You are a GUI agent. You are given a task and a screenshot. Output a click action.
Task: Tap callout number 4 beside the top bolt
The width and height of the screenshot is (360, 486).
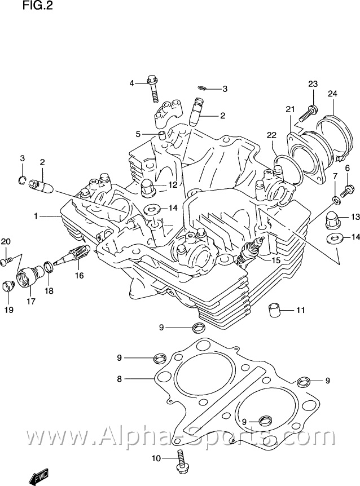[x=132, y=83]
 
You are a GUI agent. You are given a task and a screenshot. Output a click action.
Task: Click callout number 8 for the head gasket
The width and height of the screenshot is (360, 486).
[x=119, y=379]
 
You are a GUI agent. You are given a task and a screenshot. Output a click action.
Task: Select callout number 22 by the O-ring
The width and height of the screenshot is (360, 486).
[x=271, y=135]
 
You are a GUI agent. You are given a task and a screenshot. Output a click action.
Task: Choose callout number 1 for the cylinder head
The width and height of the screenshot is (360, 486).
[x=36, y=216]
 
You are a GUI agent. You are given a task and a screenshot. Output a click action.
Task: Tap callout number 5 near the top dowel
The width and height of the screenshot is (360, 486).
[x=138, y=134]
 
